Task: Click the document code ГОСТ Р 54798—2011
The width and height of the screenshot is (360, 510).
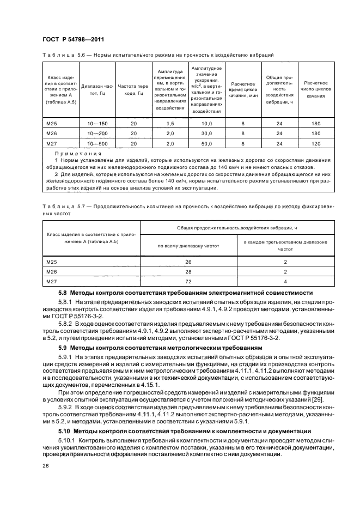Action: pos(73,39)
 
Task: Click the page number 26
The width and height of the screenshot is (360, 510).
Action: pos(46,466)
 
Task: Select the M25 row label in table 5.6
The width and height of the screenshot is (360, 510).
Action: pos(52,124)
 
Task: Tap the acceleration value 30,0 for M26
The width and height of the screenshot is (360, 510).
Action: pos(206,134)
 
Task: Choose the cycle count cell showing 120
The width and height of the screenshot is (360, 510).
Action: pos(315,143)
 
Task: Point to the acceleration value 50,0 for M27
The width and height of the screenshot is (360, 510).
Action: pos(206,143)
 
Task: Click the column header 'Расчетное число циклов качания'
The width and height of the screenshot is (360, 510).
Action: pos(315,89)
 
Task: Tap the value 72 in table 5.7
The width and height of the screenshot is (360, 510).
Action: pos(188,281)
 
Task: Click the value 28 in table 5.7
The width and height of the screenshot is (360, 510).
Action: pos(188,272)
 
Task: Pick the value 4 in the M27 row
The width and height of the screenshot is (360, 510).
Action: pos(285,281)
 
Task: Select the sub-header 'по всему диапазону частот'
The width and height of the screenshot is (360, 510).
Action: pos(188,246)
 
